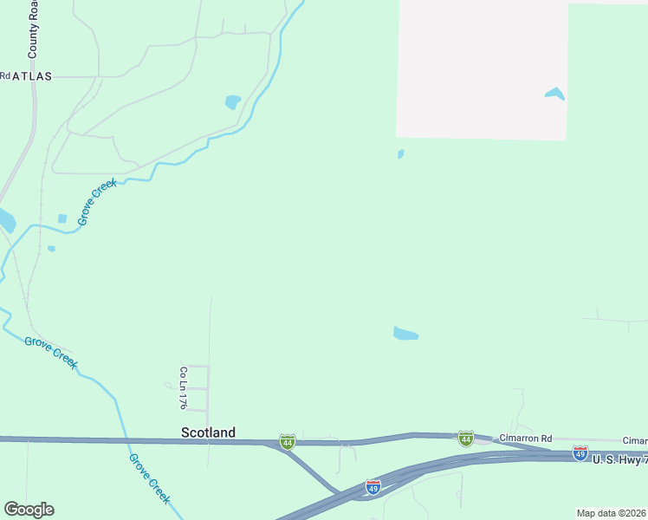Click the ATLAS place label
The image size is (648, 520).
pos(32,76)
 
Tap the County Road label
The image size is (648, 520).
pos(33,29)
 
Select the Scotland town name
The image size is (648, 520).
pos(208,432)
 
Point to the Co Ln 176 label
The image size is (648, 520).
pos(183,387)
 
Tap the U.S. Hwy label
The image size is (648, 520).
pos(619,458)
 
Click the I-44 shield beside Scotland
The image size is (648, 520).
pos(288,442)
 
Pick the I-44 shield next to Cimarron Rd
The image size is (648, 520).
pos(466,439)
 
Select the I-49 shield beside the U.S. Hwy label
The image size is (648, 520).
pos(580,453)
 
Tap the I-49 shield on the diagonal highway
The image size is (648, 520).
pos(373,487)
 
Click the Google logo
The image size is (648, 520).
pos(29,510)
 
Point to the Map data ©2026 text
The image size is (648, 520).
pos(612,513)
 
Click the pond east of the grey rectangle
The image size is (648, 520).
pos(554,94)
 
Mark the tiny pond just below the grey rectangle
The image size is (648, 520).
pos(400,154)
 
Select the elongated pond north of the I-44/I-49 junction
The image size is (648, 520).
pos(405,334)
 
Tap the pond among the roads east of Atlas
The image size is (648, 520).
pos(232,102)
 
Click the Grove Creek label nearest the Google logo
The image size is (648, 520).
pos(149,478)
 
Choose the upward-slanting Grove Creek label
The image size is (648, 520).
pos(96,202)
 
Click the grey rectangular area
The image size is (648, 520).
pos(481,69)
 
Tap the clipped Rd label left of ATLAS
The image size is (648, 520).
pos(4,76)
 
